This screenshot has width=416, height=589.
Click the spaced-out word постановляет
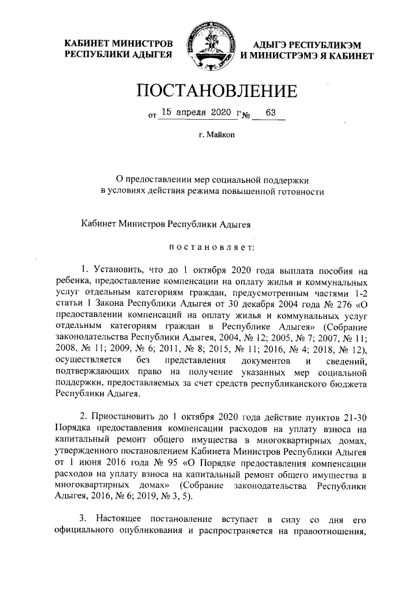point(207,247)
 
